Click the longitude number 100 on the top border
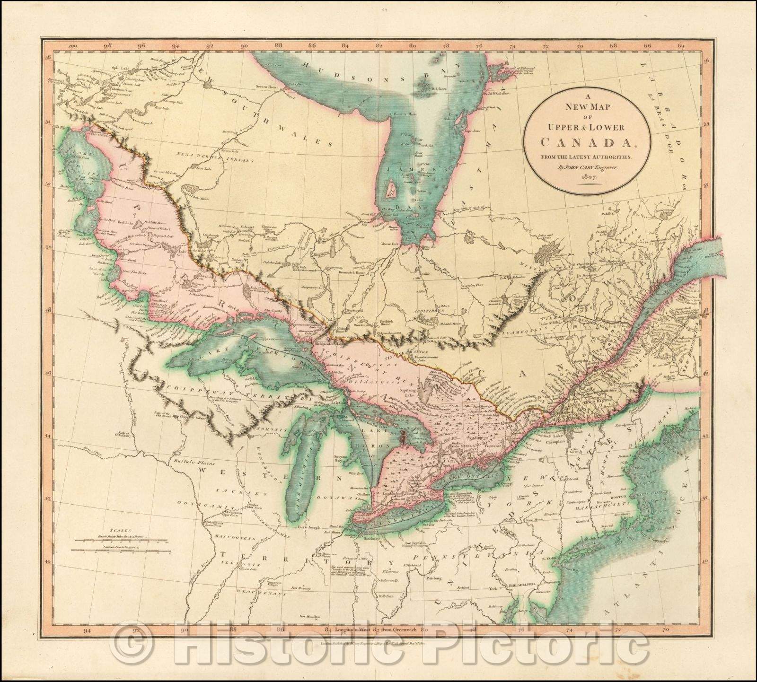(x=72, y=46)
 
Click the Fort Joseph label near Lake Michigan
(x=307, y=526)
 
